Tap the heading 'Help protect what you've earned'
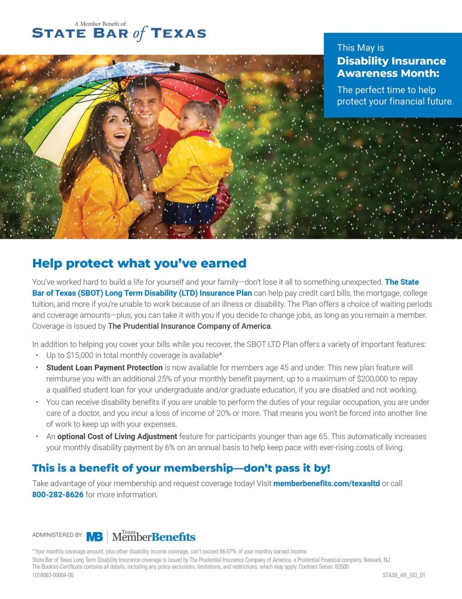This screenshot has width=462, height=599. pyautogui.click(x=139, y=263)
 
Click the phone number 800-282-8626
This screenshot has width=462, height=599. pyautogui.click(x=58, y=494)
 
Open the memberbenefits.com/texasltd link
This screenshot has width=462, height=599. pyautogui.click(x=326, y=483)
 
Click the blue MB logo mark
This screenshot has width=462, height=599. pyautogui.click(x=95, y=537)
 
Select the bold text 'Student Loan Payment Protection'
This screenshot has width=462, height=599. pyautogui.click(x=104, y=368)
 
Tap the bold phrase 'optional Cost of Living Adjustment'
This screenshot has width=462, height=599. pyautogui.click(x=117, y=436)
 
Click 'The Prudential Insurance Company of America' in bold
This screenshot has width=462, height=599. pyautogui.click(x=189, y=326)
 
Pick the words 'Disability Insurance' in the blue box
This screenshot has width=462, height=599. pyautogui.click(x=391, y=61)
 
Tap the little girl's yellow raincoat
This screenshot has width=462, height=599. pyautogui.click(x=192, y=169)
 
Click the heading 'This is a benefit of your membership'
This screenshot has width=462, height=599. pyautogui.click(x=181, y=468)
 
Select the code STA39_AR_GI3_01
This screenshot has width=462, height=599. pyautogui.click(x=403, y=575)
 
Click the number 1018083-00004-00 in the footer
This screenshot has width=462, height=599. pyautogui.click(x=53, y=575)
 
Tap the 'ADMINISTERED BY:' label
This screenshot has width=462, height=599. pyautogui.click(x=57, y=535)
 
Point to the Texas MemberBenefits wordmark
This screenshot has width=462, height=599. pyautogui.click(x=154, y=537)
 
